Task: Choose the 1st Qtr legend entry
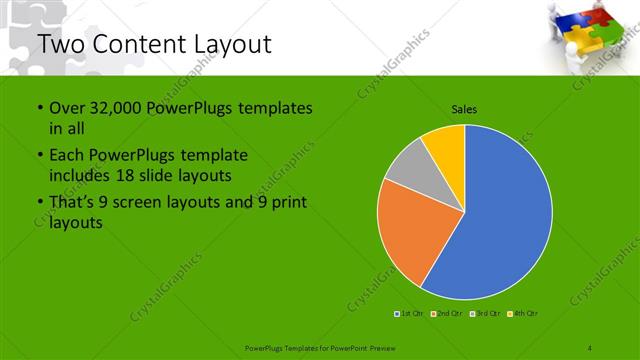[411, 314]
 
